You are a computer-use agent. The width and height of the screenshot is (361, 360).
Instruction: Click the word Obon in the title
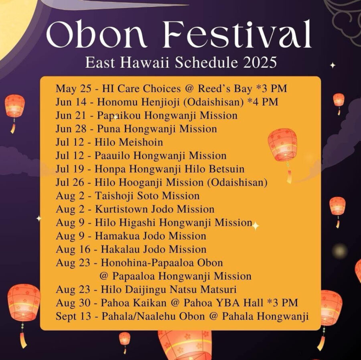[97, 34]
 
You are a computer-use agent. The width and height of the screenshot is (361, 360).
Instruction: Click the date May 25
[73, 89]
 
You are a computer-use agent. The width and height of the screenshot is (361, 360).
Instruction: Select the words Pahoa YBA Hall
[223, 303]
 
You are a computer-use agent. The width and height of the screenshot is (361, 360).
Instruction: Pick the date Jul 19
[70, 169]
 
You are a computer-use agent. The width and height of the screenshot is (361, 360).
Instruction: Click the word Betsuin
[227, 169]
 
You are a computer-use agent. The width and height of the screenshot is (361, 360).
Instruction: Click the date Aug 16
[73, 249]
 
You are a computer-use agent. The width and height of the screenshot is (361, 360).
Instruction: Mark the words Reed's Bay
[225, 89]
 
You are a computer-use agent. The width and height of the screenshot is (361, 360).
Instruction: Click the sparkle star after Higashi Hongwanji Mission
[255, 226]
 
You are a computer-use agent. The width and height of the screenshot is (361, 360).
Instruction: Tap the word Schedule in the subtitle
[206, 63]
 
